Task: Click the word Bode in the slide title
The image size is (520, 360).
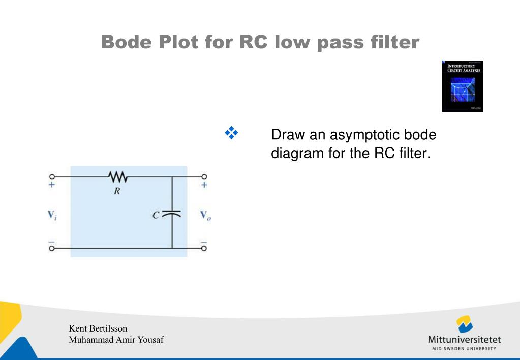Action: click(127, 42)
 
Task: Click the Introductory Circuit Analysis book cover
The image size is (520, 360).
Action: click(463, 86)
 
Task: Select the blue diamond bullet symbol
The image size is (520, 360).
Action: click(231, 133)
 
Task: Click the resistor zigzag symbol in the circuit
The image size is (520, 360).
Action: click(117, 177)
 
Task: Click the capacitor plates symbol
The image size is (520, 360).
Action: click(172, 215)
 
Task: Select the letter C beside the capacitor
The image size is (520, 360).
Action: click(157, 215)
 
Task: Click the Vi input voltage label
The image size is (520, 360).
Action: click(52, 215)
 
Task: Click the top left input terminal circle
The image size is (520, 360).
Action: click(51, 177)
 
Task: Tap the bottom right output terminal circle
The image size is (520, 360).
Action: click(204, 248)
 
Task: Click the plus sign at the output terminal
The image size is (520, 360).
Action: click(204, 185)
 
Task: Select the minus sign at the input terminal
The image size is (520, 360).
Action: click(51, 241)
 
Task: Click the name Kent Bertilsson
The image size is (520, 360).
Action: click(98, 328)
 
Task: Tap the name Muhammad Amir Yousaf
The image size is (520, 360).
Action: click(116, 339)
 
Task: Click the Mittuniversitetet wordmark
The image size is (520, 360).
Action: click(465, 339)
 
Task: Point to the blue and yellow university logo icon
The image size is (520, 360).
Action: click(465, 324)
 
